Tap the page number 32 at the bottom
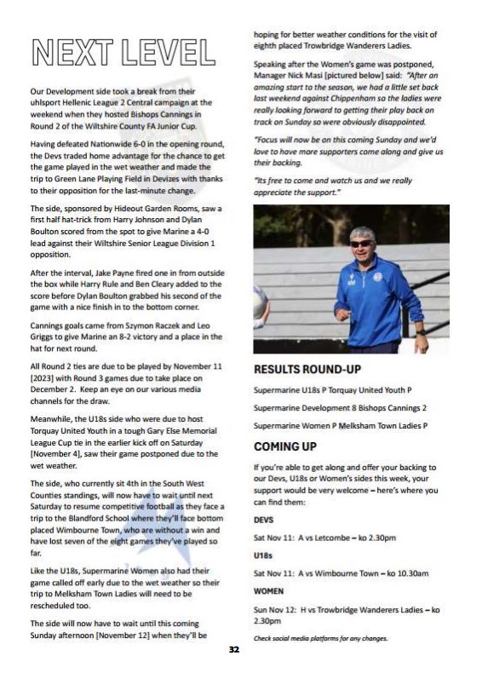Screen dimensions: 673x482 tap(234, 649)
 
